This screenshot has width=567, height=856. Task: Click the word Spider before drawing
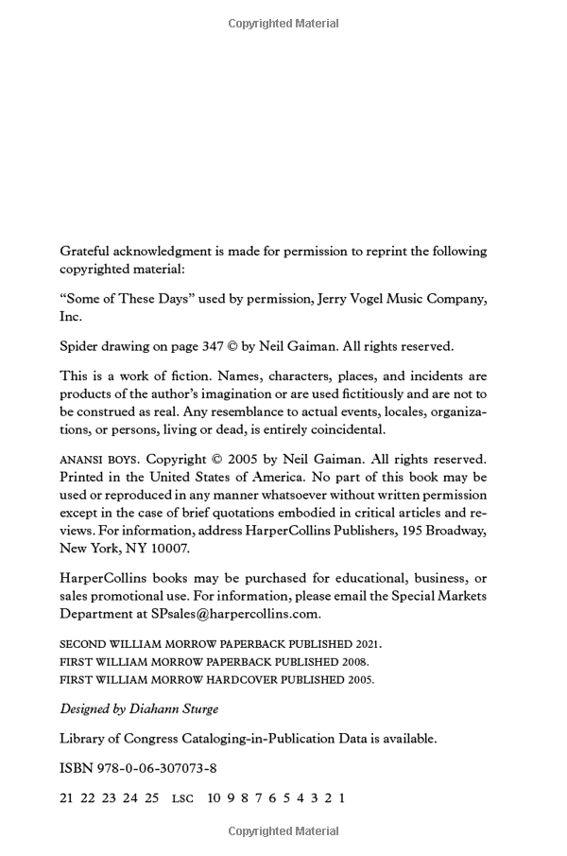point(80,346)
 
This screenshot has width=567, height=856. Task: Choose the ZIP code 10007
point(168,549)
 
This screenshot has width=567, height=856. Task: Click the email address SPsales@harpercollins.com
point(235,613)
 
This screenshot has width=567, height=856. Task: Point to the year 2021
point(365,643)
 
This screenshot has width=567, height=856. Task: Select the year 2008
point(352,661)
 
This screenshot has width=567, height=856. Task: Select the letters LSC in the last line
point(182,798)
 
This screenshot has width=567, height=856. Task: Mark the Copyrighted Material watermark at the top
point(283,24)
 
